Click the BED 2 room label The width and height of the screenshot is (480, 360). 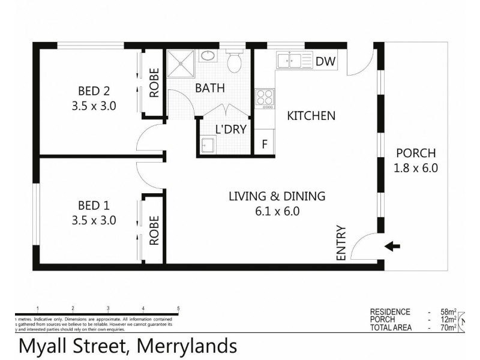click(x=94, y=91)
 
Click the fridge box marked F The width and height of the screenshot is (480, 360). click(x=264, y=145)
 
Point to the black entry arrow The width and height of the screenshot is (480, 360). click(x=392, y=245)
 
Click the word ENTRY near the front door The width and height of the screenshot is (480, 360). click(x=341, y=243)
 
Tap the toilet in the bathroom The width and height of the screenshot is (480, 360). click(x=235, y=61)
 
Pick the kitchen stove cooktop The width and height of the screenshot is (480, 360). click(x=264, y=98)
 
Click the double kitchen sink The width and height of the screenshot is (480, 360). click(x=289, y=61)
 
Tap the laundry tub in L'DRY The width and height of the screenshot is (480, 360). click(x=208, y=145)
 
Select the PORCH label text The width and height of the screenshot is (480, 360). click(x=415, y=153)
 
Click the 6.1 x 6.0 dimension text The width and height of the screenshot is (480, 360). click(x=277, y=211)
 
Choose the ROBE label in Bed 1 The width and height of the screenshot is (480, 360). click(x=154, y=230)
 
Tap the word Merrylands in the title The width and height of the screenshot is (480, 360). click(x=187, y=346)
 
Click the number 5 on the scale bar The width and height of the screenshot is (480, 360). click(x=178, y=308)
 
